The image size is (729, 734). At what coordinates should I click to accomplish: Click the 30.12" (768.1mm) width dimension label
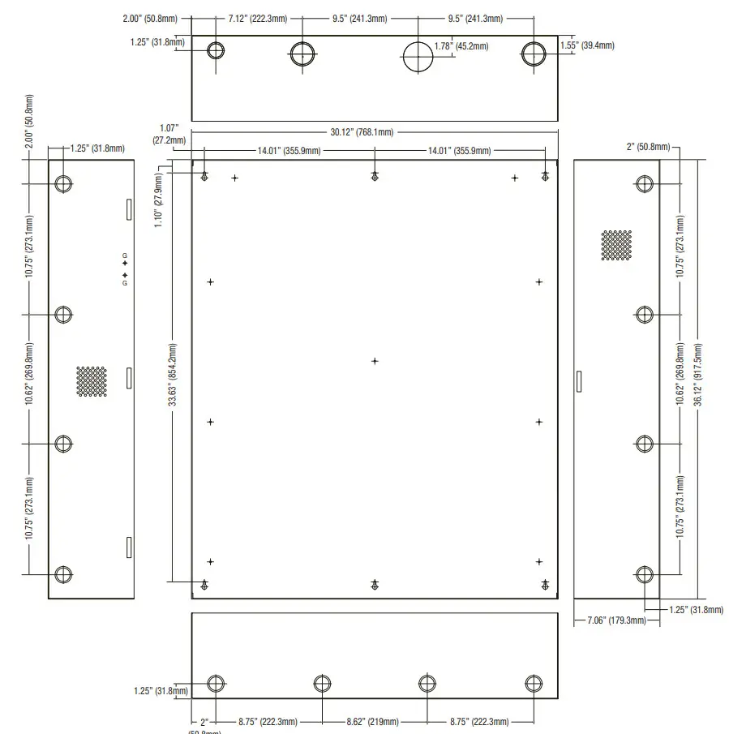click(x=362, y=132)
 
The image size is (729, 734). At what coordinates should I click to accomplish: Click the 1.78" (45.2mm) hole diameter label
click(x=461, y=46)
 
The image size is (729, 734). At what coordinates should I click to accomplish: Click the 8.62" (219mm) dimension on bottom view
click(x=374, y=721)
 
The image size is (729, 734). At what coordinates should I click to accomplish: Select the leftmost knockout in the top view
click(x=216, y=51)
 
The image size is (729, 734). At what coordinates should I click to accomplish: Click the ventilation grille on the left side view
click(x=92, y=381)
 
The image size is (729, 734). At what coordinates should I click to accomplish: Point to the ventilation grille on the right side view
click(x=616, y=245)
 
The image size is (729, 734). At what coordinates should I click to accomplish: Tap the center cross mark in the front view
click(x=375, y=361)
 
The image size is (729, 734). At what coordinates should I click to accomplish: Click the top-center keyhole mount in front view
click(x=375, y=177)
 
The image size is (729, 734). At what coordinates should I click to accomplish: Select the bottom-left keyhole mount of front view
click(x=205, y=585)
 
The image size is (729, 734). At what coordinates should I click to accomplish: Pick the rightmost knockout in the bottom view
click(x=533, y=682)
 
